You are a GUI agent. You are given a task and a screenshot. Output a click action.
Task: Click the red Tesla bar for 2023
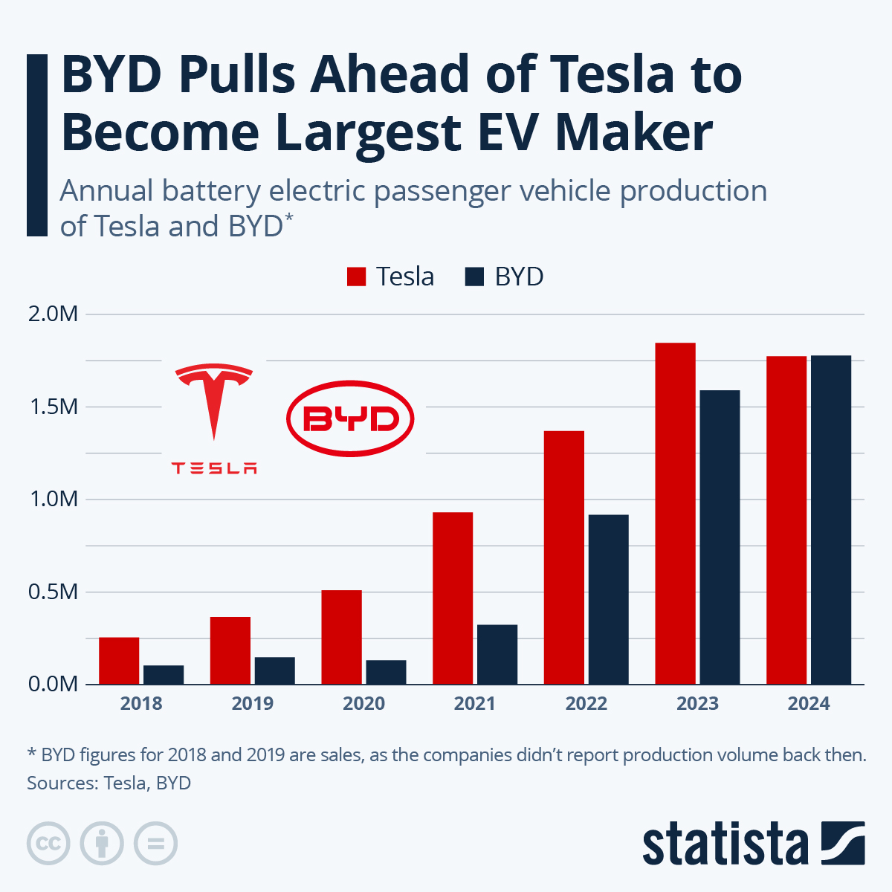click(675, 513)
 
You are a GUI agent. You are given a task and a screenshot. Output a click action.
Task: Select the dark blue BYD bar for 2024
click(830, 520)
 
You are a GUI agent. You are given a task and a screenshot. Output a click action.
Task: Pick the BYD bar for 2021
click(497, 654)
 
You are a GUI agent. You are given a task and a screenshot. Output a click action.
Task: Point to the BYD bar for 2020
click(386, 672)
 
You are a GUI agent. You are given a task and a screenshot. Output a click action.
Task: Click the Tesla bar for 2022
click(563, 557)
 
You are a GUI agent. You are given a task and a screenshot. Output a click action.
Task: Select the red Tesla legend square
click(357, 277)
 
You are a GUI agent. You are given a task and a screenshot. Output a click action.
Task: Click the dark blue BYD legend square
click(475, 277)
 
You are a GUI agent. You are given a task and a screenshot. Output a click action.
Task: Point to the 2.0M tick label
click(53, 314)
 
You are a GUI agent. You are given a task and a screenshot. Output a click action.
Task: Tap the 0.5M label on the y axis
click(53, 592)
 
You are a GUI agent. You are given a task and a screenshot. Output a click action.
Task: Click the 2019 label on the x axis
click(252, 703)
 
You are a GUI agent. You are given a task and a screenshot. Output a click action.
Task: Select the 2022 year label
click(586, 703)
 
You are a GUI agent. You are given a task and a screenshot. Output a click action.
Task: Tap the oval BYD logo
click(350, 418)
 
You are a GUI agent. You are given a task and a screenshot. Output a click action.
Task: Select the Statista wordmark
click(725, 844)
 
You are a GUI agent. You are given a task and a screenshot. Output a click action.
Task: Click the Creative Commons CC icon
click(48, 844)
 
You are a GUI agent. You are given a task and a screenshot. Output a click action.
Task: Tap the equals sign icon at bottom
click(155, 844)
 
